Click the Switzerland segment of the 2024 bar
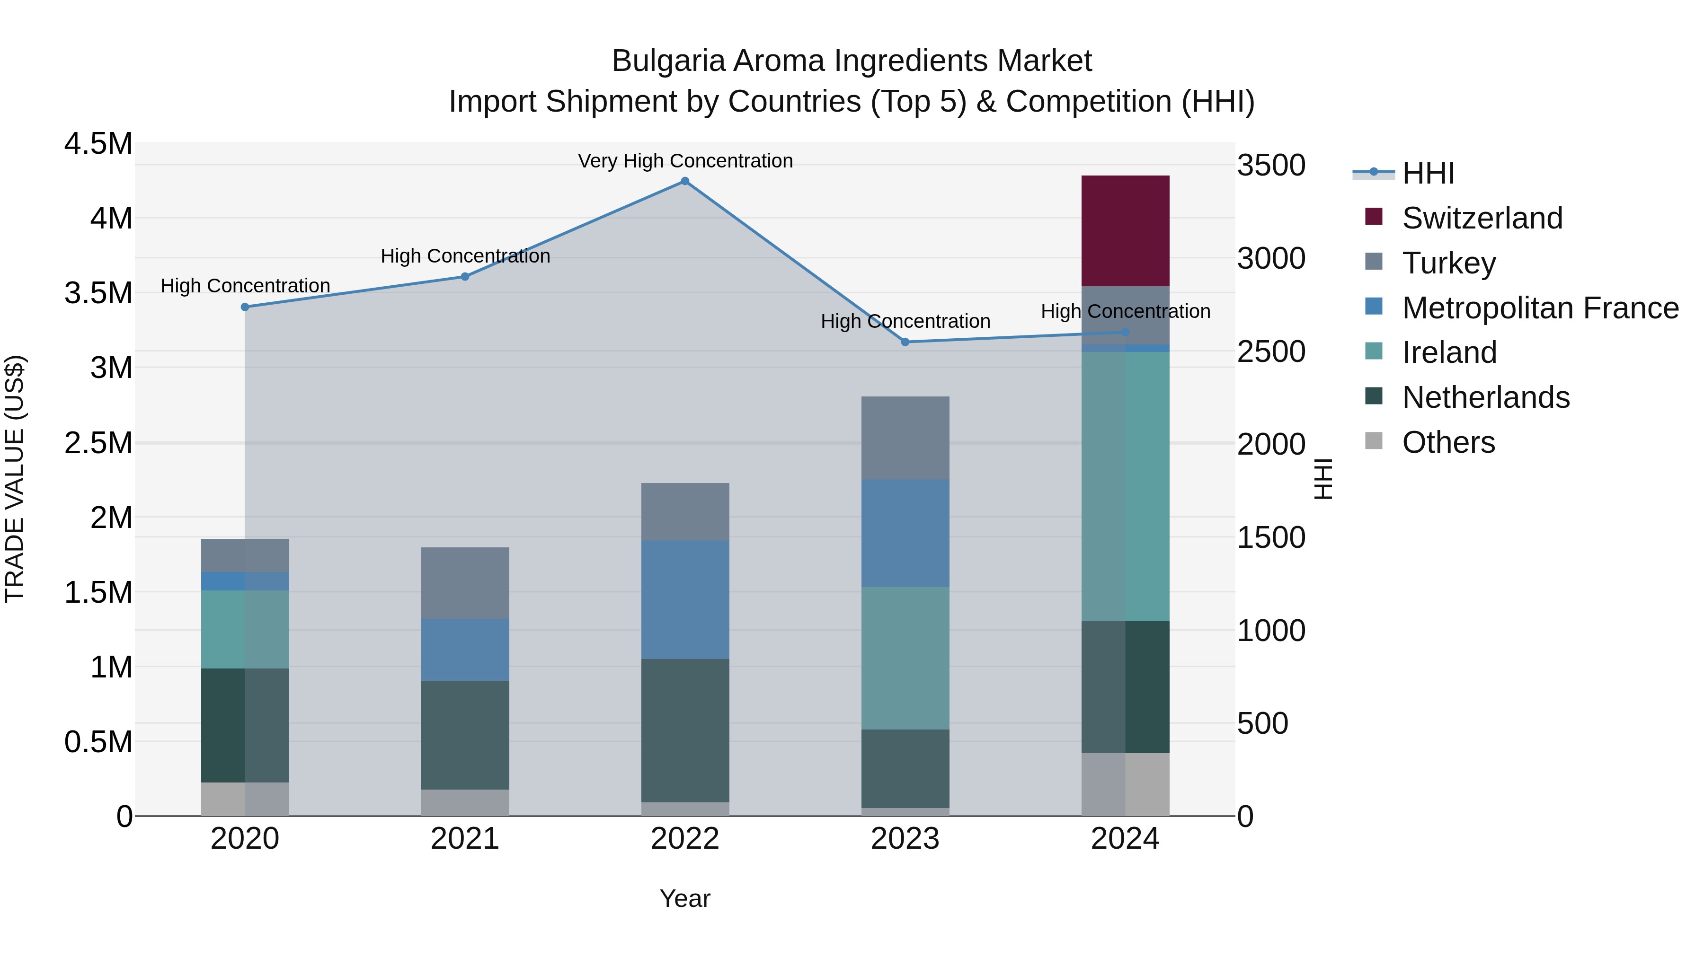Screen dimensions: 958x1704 [x=1125, y=231]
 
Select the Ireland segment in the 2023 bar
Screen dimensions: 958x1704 [x=905, y=658]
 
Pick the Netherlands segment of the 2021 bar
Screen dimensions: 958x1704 [x=465, y=735]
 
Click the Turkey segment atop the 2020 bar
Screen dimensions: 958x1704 [x=245, y=555]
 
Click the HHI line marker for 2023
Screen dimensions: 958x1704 [x=905, y=342]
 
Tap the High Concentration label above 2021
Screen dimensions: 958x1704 [x=465, y=256]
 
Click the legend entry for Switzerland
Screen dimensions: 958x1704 [x=1482, y=218]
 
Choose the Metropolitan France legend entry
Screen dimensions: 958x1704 [x=1540, y=308]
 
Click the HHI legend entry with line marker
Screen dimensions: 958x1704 [x=1428, y=173]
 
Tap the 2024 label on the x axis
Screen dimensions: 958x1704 [x=1125, y=839]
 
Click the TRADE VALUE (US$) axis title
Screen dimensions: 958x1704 [x=15, y=479]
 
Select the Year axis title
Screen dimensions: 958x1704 [x=684, y=898]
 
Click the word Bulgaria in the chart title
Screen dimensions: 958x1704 [x=668, y=61]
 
